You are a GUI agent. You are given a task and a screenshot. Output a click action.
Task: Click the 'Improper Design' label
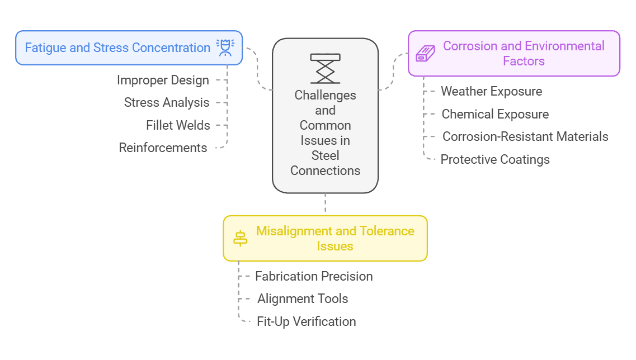click(163, 80)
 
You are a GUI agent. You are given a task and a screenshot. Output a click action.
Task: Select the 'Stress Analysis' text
click(167, 102)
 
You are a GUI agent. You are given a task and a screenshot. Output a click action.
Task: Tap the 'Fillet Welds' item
click(178, 125)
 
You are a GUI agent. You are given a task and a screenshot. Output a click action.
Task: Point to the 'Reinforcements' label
click(163, 148)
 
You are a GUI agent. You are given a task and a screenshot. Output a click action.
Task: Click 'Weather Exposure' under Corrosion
click(491, 91)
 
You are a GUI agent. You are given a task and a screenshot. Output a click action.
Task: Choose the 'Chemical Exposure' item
click(495, 114)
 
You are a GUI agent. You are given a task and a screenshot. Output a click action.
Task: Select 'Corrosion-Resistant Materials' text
click(525, 136)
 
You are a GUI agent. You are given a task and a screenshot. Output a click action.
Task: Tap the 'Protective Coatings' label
click(495, 159)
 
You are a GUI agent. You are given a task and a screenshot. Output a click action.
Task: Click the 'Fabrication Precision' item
click(314, 276)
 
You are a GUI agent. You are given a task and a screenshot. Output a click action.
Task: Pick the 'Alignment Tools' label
click(303, 299)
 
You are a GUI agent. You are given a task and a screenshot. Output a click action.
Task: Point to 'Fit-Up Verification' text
click(306, 321)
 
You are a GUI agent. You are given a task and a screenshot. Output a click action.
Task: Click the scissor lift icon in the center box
click(325, 68)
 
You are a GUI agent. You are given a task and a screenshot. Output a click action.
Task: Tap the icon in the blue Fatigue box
click(225, 48)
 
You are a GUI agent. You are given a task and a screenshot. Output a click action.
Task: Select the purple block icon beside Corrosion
click(425, 54)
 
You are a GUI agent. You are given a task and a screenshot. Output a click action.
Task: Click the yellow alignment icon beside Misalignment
click(240, 238)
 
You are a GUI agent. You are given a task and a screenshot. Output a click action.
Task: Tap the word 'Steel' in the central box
click(325, 155)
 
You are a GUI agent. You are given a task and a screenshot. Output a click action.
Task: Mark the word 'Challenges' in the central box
click(325, 95)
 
